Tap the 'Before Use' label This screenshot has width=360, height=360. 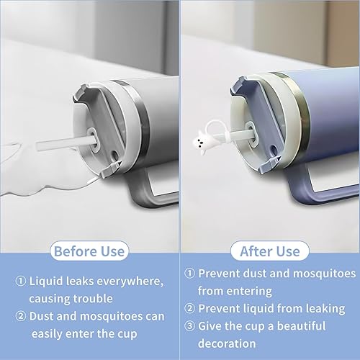click(89, 251)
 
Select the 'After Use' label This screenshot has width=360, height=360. click(270, 251)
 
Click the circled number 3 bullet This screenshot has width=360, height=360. click(190, 325)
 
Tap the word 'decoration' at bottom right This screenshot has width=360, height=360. click(227, 343)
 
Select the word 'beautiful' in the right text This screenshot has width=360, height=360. click(301, 326)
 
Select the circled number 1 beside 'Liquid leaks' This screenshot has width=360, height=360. click(20, 281)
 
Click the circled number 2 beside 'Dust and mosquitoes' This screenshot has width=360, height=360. click(20, 316)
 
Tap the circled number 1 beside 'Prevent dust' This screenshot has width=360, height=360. click(190, 273)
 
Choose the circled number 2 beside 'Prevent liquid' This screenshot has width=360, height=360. click(190, 308)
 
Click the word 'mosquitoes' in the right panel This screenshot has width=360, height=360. click(325, 274)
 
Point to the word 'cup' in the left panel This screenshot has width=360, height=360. click(127, 334)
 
